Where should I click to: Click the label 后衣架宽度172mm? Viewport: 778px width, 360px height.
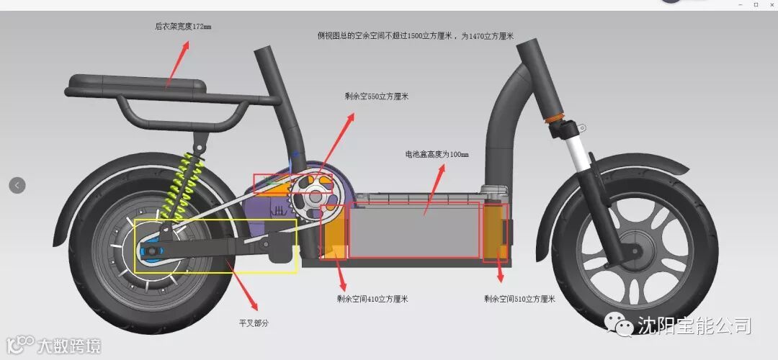tap(183, 27)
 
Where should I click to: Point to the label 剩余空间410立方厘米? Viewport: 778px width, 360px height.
tap(367, 299)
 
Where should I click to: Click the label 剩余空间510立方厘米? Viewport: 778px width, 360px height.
tap(519, 299)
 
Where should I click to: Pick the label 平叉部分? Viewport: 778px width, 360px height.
tap(254, 323)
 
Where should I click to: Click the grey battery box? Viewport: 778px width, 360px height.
tap(414, 229)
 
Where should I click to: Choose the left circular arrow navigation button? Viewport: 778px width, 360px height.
tap(17, 185)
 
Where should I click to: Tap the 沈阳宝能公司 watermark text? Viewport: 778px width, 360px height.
tap(693, 326)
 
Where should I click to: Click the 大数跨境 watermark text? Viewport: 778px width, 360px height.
tap(69, 346)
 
